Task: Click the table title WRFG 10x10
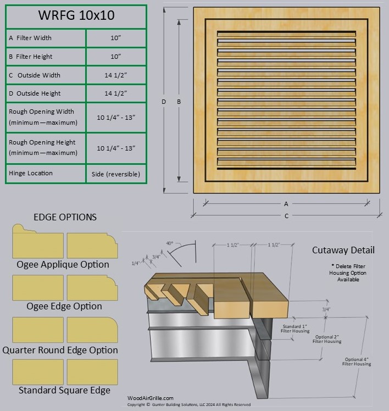click(x=76, y=15)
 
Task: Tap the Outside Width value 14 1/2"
click(x=116, y=75)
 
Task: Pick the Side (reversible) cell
click(x=116, y=174)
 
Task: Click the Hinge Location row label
click(x=31, y=173)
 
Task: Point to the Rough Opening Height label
click(x=43, y=147)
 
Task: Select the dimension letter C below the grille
click(x=286, y=216)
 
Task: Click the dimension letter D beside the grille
click(x=164, y=101)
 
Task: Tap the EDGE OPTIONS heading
click(x=65, y=217)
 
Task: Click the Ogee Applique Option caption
click(x=63, y=264)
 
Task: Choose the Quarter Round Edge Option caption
click(x=60, y=350)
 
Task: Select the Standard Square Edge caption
click(x=64, y=390)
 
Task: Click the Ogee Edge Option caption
click(x=64, y=306)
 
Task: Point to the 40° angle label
click(x=170, y=242)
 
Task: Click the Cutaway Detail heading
click(x=343, y=250)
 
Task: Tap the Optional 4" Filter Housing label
click(x=356, y=361)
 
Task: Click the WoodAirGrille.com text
click(x=150, y=398)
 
